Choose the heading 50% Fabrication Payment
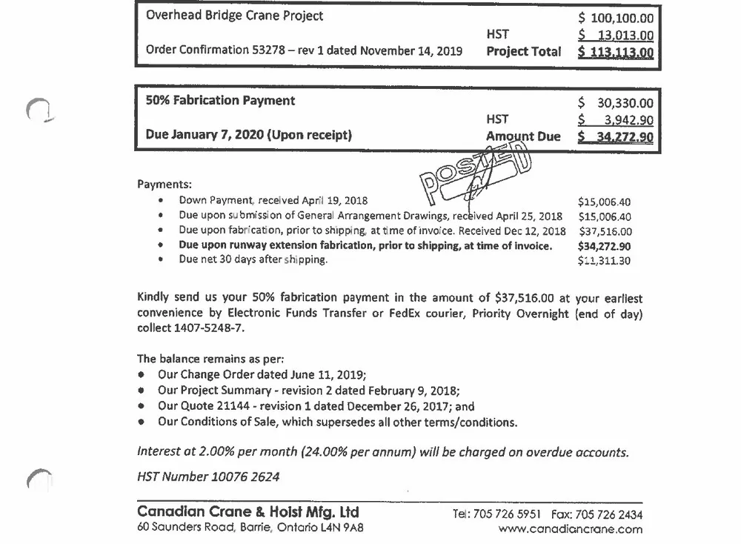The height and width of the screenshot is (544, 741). click(220, 101)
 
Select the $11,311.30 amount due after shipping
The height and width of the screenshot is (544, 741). click(604, 260)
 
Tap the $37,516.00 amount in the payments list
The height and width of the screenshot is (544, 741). click(604, 231)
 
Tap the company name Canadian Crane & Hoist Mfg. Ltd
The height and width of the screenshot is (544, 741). click(248, 512)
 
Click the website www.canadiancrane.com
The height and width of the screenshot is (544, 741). click(571, 529)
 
